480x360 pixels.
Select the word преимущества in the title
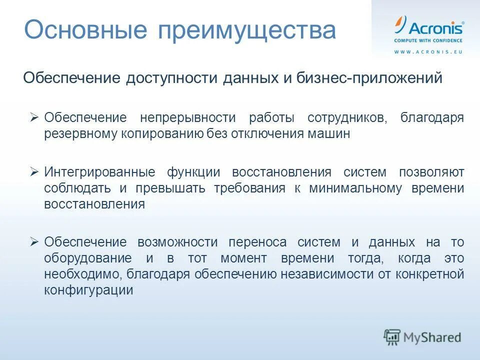click(x=247, y=31)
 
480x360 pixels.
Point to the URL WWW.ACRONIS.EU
click(x=428, y=52)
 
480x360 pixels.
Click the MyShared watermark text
click(x=432, y=337)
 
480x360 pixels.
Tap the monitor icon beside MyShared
click(x=392, y=336)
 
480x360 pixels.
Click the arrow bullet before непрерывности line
click(x=34, y=117)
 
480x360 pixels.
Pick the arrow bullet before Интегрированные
click(x=34, y=172)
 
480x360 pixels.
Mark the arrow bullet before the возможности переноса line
click(x=34, y=242)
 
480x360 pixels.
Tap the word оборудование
click(x=88, y=258)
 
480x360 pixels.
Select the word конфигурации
click(x=88, y=290)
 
